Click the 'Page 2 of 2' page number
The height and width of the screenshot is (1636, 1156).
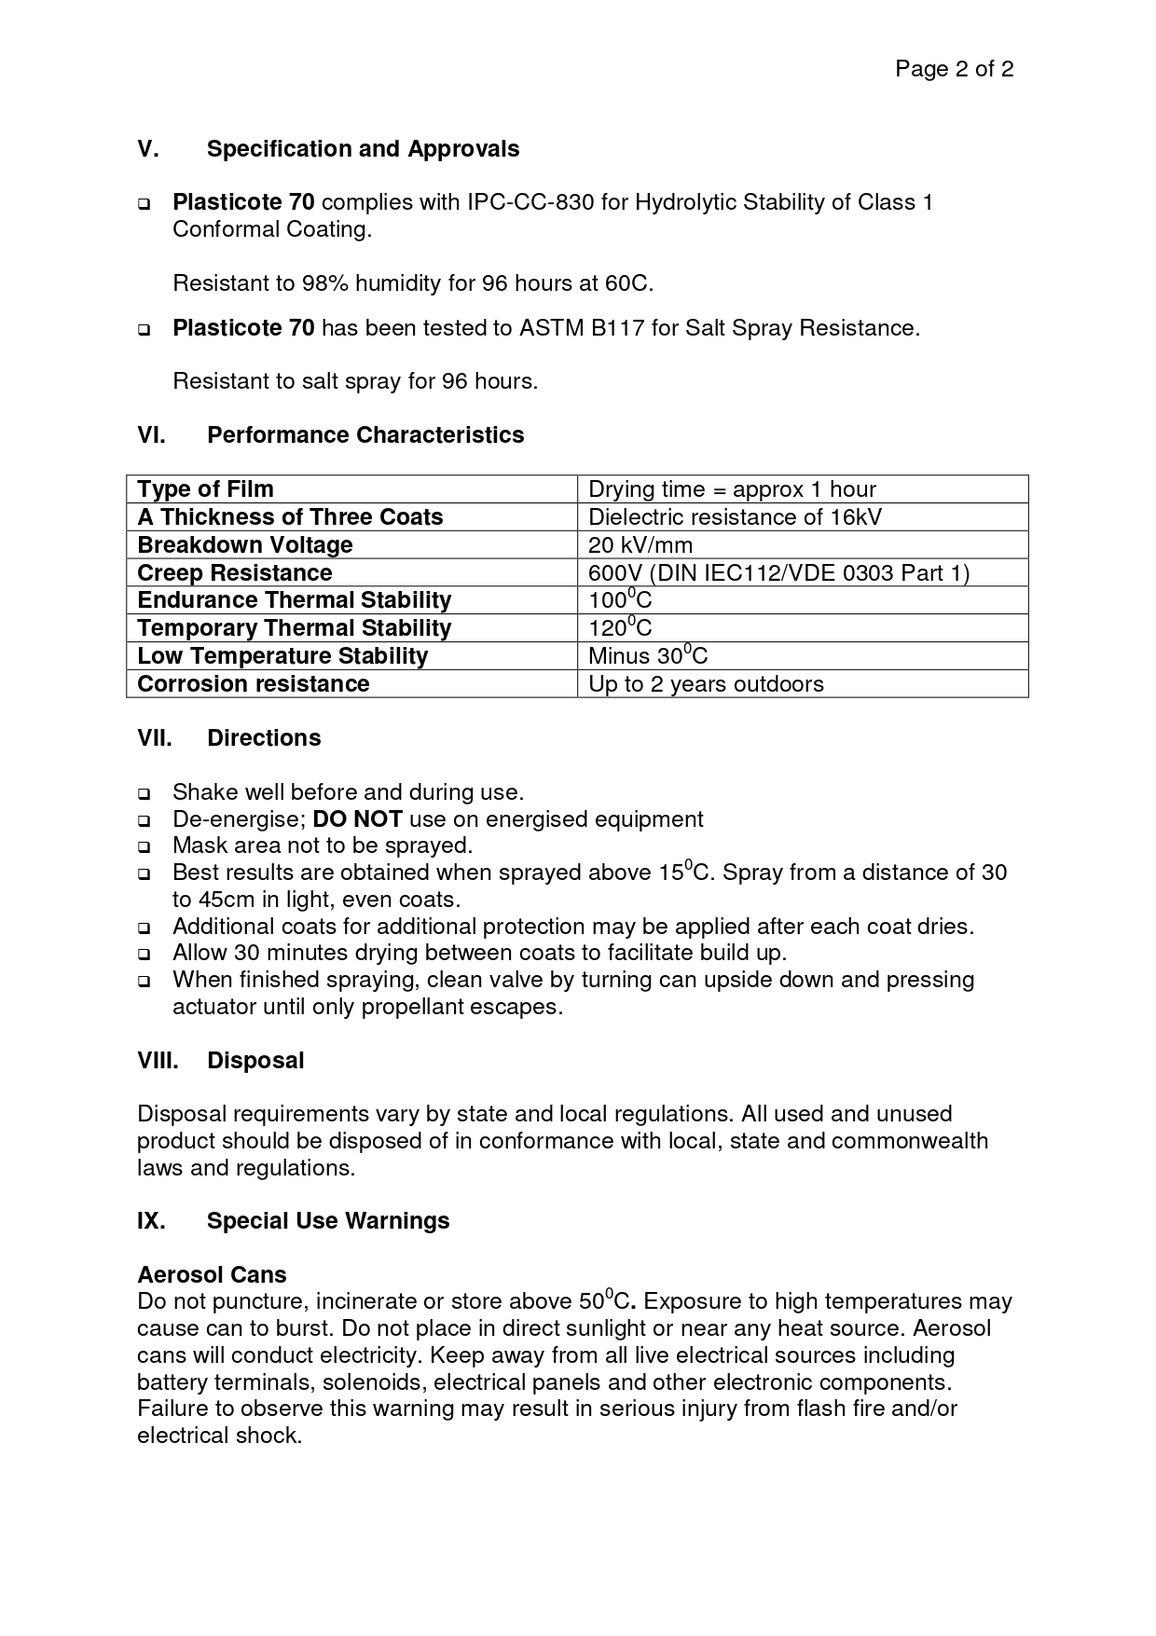point(954,69)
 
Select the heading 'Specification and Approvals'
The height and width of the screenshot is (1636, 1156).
point(363,149)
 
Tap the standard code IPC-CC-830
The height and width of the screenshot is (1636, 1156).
point(530,202)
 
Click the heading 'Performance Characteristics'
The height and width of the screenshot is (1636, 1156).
point(365,435)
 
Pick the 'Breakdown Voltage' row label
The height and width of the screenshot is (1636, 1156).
point(245,545)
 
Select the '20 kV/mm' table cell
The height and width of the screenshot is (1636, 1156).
point(640,545)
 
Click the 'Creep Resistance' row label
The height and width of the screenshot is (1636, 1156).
point(235,572)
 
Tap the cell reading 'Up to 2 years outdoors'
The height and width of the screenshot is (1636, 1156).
point(706,684)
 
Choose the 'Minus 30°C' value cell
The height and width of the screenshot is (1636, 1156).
point(648,655)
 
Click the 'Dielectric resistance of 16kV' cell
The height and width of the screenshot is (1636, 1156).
point(735,517)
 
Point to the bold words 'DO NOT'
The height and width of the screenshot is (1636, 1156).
point(357,819)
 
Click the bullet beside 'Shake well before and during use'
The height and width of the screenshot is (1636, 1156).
point(144,794)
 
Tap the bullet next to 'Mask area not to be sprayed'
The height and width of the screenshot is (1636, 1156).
point(144,847)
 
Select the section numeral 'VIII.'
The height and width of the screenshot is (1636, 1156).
point(158,1061)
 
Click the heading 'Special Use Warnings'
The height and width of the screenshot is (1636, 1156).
point(328,1221)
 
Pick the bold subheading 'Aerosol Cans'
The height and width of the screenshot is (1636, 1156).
point(212,1275)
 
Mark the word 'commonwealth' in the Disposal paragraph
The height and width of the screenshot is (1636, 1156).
point(909,1141)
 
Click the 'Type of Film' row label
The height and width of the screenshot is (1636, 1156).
point(206,489)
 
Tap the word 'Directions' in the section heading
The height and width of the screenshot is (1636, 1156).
point(264,738)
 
